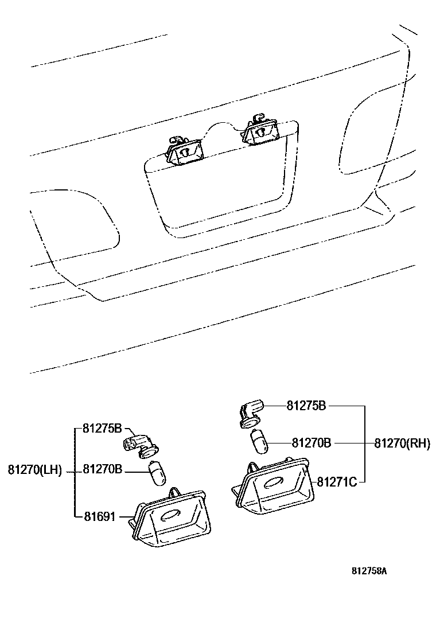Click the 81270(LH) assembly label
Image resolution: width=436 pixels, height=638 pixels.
tap(34, 470)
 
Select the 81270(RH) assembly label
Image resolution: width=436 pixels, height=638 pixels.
tap(402, 443)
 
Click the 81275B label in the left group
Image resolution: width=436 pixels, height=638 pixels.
tap(102, 428)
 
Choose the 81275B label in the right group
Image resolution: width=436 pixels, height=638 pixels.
tap(306, 406)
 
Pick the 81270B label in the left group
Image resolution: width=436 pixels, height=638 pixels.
tap(102, 470)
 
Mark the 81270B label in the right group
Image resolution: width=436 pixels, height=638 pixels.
tap(312, 443)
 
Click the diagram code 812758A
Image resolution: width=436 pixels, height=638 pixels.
tap(369, 571)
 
